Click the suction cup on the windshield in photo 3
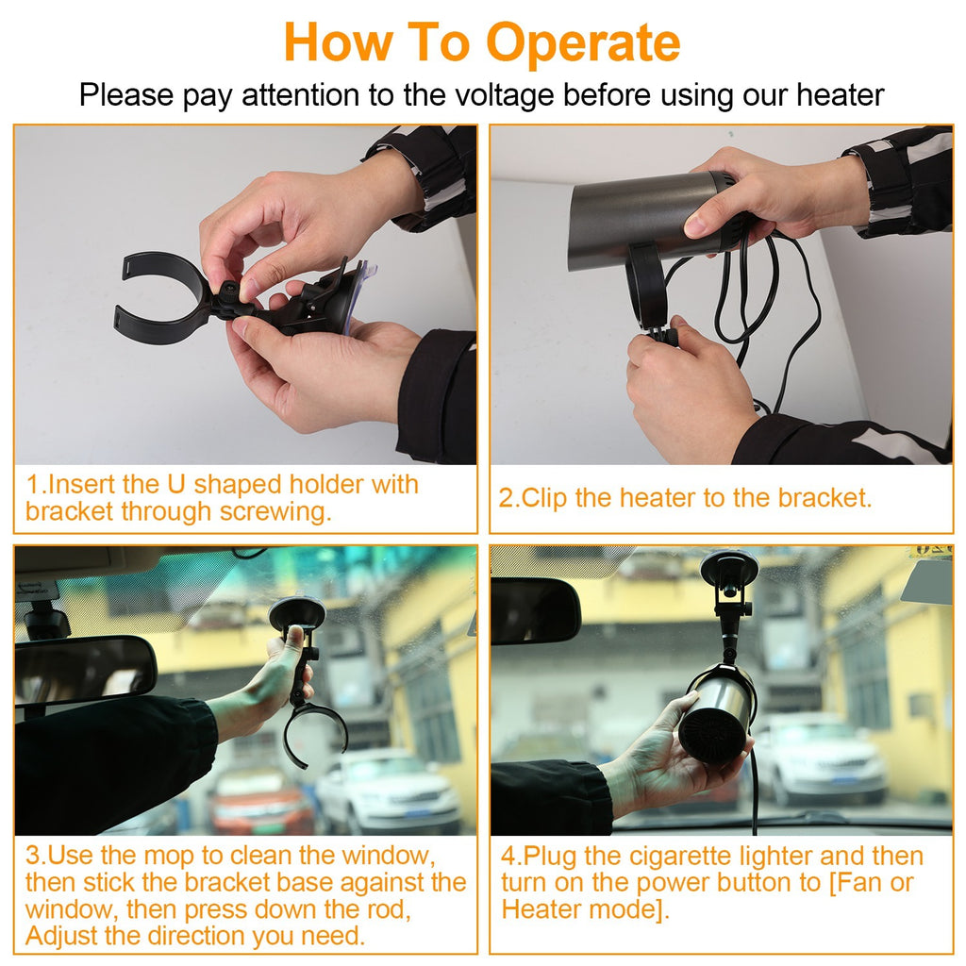[297, 614]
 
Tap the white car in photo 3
[387, 792]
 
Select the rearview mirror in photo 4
[535, 611]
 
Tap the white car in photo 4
[821, 759]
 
